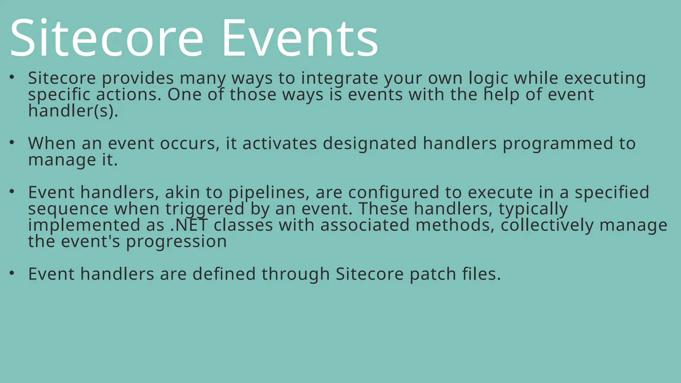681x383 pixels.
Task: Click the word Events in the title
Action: (300, 38)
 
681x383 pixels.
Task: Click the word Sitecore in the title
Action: (106, 38)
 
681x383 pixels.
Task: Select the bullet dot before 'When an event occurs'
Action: (12, 143)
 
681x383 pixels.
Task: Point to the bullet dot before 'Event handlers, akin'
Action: (12, 191)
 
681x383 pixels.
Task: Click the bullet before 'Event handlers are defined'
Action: (12, 273)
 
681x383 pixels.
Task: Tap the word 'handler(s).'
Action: (73, 111)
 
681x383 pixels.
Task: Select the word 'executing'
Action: (605, 78)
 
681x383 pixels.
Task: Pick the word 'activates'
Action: (280, 144)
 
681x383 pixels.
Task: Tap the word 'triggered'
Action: (205, 209)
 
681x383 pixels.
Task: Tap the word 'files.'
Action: (481, 274)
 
